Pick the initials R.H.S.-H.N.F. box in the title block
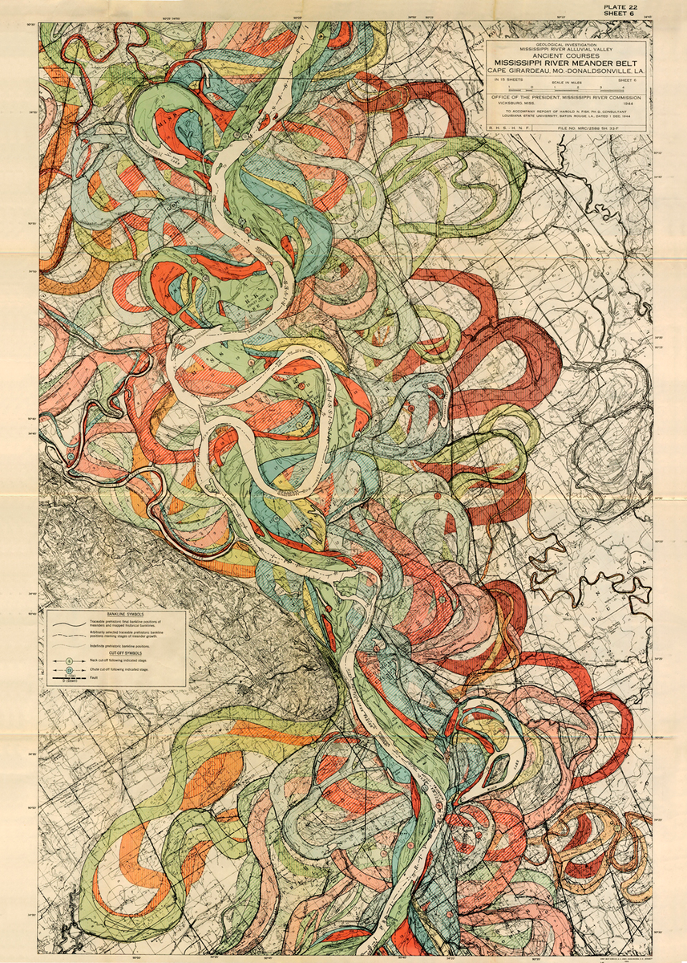(509, 128)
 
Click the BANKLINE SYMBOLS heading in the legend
(125, 615)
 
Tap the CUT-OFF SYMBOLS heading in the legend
(125, 653)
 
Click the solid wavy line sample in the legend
(69, 624)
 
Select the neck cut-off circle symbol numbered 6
(69, 661)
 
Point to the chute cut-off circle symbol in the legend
(69, 670)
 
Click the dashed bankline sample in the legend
(69, 636)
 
